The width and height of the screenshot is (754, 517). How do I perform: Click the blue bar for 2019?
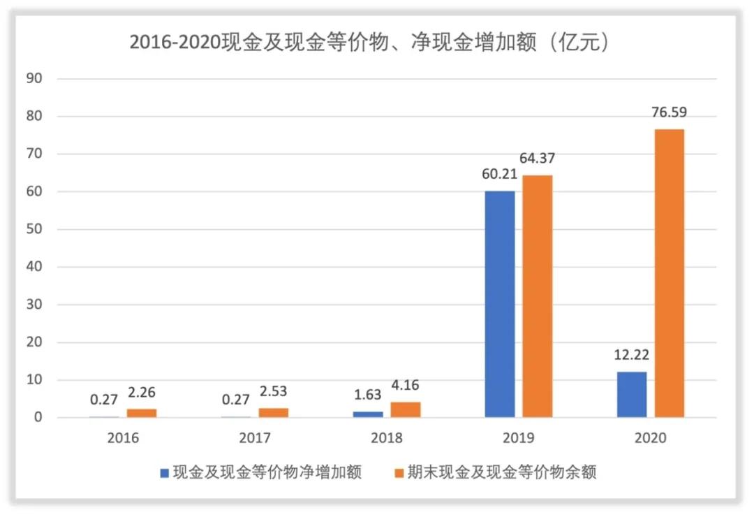pyautogui.click(x=500, y=304)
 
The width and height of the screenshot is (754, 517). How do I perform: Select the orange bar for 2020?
pyautogui.click(x=670, y=273)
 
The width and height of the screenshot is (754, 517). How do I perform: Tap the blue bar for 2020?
pyautogui.click(x=632, y=394)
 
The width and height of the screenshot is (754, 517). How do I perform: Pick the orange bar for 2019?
pyautogui.click(x=538, y=296)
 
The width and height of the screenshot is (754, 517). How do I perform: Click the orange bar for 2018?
pyautogui.click(x=406, y=409)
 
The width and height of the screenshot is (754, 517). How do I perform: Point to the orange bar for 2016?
pyautogui.click(x=142, y=413)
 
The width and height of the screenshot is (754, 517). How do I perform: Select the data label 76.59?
pyautogui.click(x=670, y=112)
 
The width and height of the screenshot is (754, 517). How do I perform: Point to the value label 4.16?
pyautogui.click(x=406, y=385)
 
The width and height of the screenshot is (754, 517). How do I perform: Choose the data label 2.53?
pyautogui.click(x=274, y=391)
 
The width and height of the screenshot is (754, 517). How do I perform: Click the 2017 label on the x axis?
pyautogui.click(x=255, y=438)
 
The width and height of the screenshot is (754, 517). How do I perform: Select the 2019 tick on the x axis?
pyautogui.click(x=519, y=438)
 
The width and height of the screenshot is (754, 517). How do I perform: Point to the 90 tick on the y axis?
pyautogui.click(x=36, y=79)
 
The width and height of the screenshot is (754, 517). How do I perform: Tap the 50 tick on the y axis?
pyautogui.click(x=36, y=230)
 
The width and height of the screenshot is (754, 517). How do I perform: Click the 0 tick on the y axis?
pyautogui.click(x=39, y=418)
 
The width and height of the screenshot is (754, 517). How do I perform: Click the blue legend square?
pyautogui.click(x=165, y=473)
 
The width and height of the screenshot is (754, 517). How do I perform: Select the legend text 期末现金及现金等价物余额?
pyautogui.click(x=502, y=473)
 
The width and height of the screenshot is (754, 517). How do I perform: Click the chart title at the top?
pyautogui.click(x=371, y=43)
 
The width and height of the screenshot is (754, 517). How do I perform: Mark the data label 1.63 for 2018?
pyautogui.click(x=367, y=395)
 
